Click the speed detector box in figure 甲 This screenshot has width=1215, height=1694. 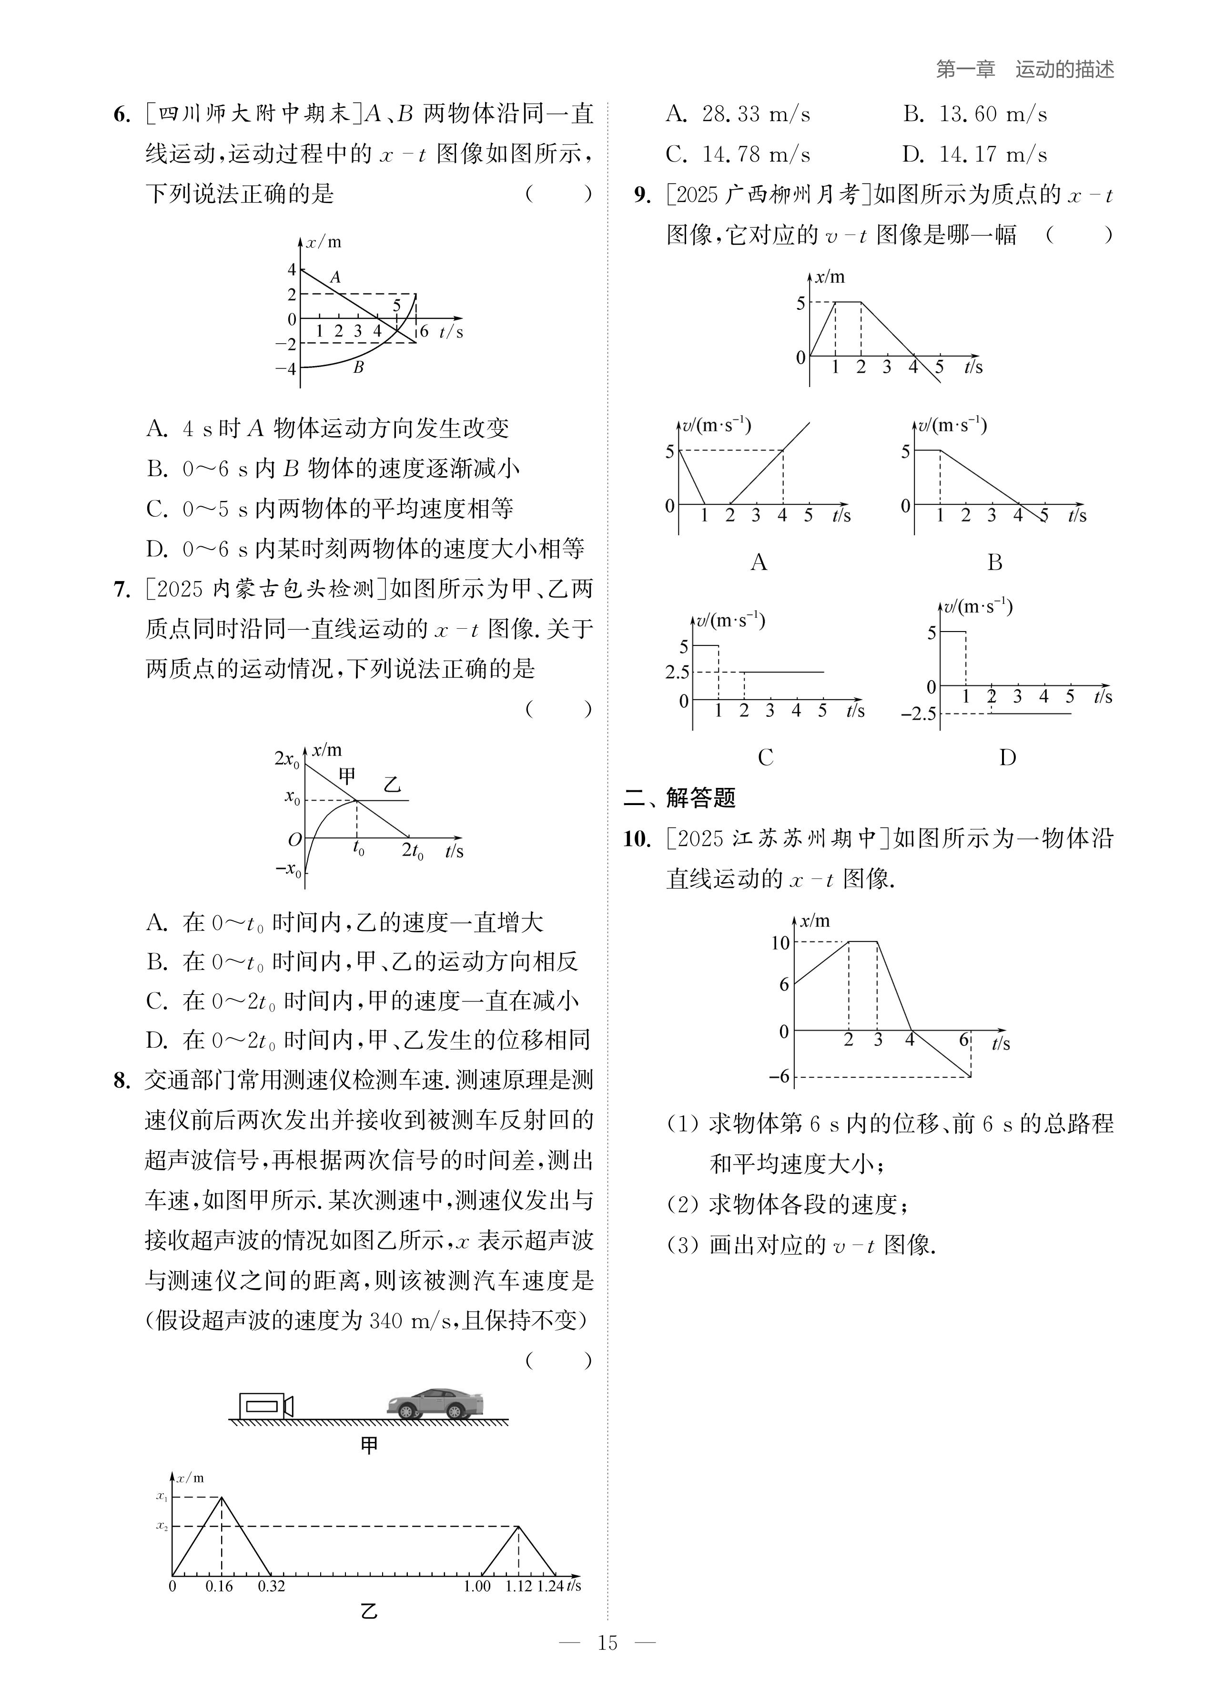click(263, 1407)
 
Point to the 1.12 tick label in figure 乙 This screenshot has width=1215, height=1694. click(519, 1586)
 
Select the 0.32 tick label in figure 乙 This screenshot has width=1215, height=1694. click(271, 1586)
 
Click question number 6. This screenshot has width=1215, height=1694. click(121, 115)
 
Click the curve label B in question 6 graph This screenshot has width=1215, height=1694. click(358, 367)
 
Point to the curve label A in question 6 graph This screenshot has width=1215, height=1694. click(335, 277)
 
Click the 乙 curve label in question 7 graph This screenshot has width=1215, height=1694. click(392, 784)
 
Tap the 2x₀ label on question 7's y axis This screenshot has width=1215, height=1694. click(287, 759)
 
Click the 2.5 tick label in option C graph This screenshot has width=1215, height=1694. click(678, 672)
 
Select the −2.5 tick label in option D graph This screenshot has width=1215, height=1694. click(919, 714)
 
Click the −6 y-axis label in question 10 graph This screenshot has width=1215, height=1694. click(779, 1076)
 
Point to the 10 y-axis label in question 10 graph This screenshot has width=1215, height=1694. click(780, 943)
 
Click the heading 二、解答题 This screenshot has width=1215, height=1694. click(679, 798)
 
